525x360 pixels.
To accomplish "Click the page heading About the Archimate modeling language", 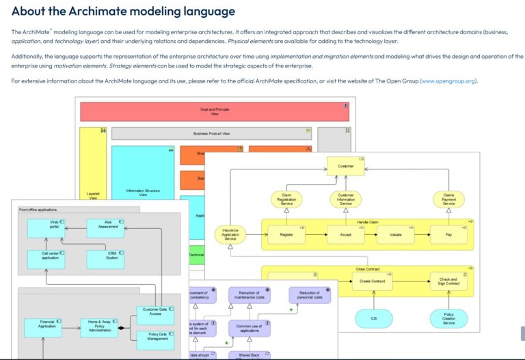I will coord(123,12).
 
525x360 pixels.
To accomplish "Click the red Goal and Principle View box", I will coord(214,111).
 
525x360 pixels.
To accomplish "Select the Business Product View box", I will coord(211,134).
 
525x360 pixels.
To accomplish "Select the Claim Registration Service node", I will coord(287,199).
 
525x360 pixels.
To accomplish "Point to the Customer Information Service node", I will coord(346,199).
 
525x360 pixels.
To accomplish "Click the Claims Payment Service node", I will coord(448,199).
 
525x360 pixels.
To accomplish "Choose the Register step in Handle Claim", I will coord(287,234).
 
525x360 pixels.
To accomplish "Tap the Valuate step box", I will coord(395,234).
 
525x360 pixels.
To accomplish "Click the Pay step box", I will coord(448,234).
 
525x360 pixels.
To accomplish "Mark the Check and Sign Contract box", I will coord(448,281).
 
